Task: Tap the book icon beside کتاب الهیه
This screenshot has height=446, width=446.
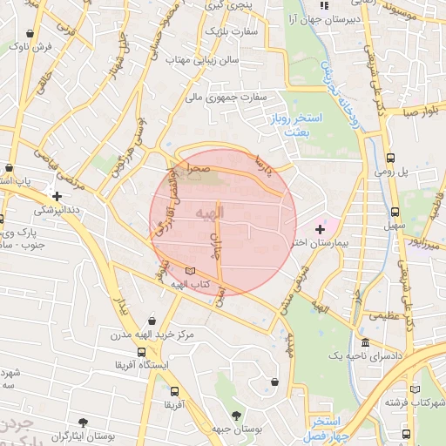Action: tap(192, 271)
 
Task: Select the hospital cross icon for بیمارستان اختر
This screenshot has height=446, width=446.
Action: tap(320, 227)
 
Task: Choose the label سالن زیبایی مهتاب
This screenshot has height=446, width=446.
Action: tap(208, 60)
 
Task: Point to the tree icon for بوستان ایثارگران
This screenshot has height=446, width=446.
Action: tap(84, 421)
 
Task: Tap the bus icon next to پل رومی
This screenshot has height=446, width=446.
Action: tap(391, 159)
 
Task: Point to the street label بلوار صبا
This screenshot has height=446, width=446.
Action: tap(418, 112)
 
